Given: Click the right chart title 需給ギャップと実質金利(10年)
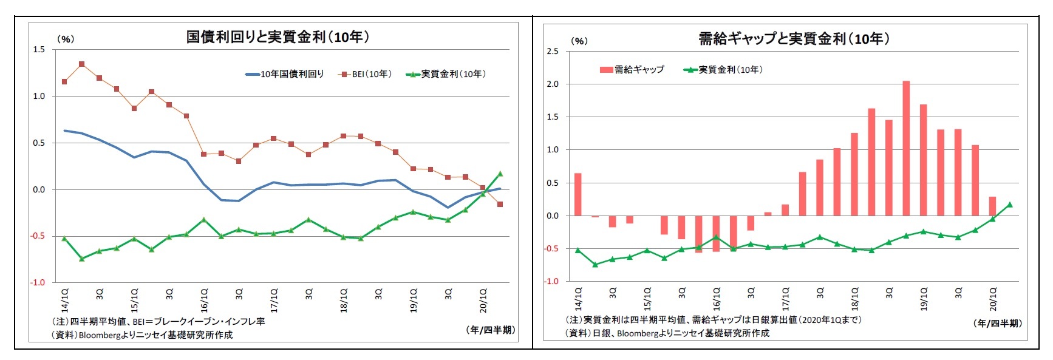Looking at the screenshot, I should click(794, 39).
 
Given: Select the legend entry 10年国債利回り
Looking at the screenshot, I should click(285, 74).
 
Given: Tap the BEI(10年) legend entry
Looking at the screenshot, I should click(366, 74).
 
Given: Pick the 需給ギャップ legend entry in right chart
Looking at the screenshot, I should click(632, 70).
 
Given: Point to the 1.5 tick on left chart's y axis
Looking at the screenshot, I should click(39, 50).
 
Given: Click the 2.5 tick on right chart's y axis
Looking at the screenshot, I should click(552, 52).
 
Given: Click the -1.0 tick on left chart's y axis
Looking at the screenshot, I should click(38, 283).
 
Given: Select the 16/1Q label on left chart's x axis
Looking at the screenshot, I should click(205, 299).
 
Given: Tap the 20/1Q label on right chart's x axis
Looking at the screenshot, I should click(993, 299).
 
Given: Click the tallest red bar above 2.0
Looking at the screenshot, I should click(906, 148).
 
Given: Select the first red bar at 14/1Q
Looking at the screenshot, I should click(578, 194).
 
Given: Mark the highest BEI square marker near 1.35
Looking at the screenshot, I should click(81, 64).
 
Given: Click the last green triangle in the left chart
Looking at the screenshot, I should click(500, 174).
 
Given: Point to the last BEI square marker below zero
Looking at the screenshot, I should click(500, 205).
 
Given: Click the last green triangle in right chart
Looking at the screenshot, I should click(1010, 205).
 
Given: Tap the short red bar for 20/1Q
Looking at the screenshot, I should click(992, 206).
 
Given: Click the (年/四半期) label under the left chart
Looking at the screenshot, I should click(491, 330).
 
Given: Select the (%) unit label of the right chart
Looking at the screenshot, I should click(579, 41).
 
